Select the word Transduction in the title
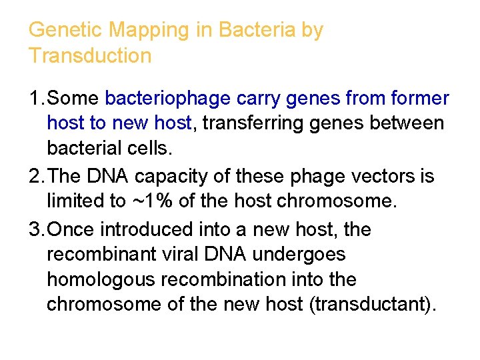(x=90, y=55)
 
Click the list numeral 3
(x=35, y=230)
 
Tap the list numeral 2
(x=35, y=177)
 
